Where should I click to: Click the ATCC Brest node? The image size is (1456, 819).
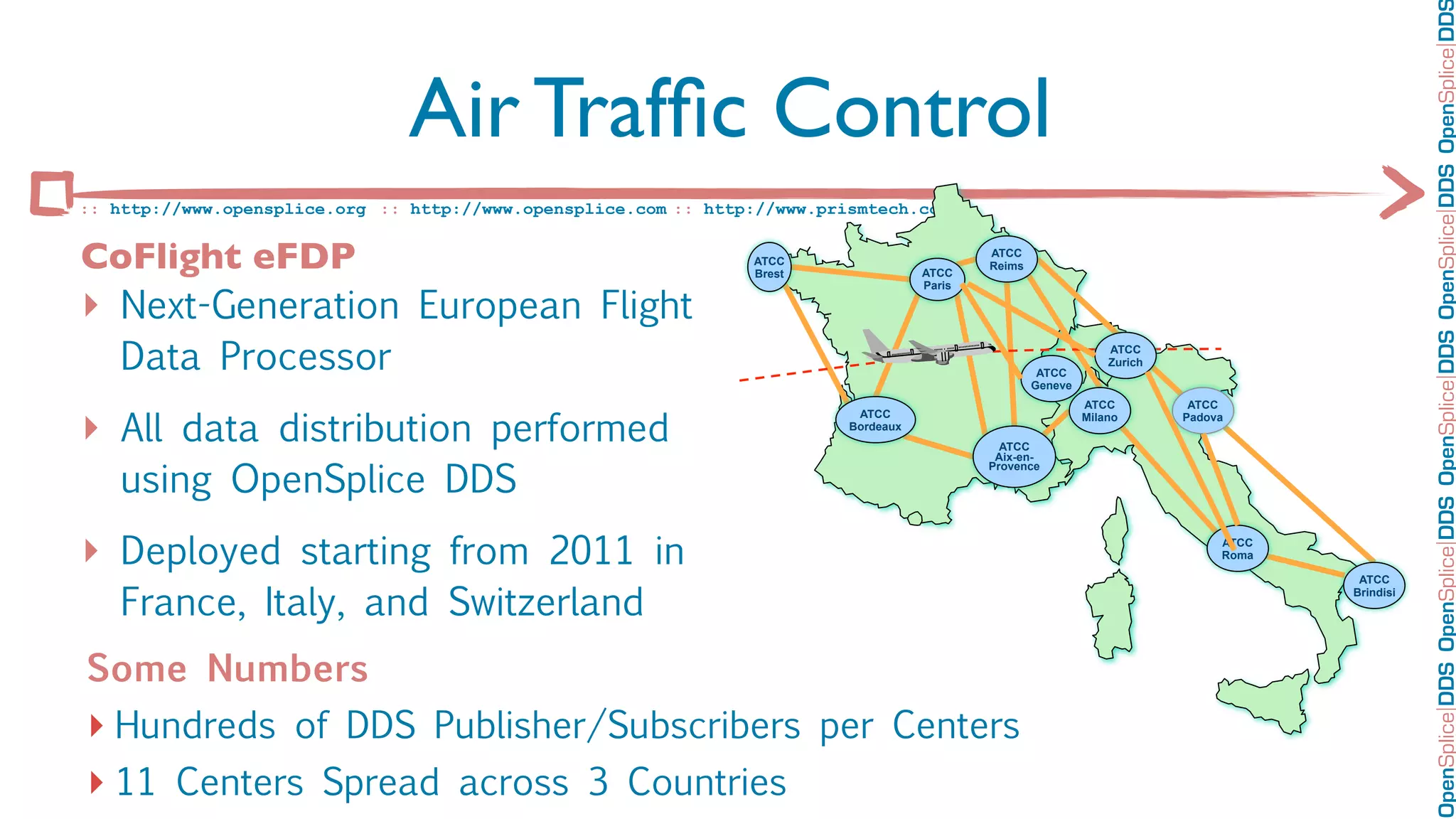(769, 267)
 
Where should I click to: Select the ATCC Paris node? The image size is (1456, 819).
(937, 279)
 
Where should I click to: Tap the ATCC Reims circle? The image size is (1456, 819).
(1006, 259)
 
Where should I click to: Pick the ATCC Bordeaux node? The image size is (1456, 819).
(874, 419)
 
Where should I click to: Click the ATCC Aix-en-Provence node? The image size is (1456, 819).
(1014, 456)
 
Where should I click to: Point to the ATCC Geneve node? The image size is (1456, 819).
(1051, 379)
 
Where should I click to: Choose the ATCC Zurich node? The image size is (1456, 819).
(1125, 355)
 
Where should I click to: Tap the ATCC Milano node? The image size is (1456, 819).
(1099, 410)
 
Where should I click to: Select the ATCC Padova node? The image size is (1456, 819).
(1202, 410)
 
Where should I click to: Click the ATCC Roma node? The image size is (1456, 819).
(1237, 548)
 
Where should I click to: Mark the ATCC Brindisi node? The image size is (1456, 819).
(1374, 585)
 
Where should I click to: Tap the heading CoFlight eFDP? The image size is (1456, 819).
(218, 257)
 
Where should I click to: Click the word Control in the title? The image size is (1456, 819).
(911, 109)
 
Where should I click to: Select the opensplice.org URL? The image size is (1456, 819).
(237, 209)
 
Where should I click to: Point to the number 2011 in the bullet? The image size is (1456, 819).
(591, 551)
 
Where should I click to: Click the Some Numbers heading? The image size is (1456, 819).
(227, 668)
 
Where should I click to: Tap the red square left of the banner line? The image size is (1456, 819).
(51, 193)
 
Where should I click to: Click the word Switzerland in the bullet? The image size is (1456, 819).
(545, 602)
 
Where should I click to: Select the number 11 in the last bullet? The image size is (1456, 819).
(135, 782)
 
